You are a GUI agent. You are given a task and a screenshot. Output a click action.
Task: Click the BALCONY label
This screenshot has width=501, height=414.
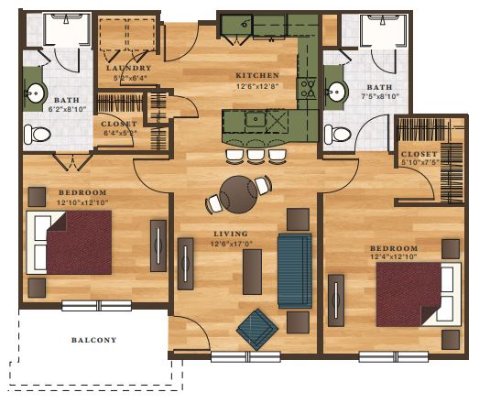[94, 340]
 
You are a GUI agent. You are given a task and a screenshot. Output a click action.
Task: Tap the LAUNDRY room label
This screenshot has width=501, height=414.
[129, 68]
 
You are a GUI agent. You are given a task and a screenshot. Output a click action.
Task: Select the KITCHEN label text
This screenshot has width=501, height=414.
[257, 76]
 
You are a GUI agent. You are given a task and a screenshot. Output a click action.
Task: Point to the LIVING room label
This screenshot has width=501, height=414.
[231, 234]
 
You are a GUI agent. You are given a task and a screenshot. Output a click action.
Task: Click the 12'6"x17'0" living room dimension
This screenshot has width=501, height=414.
[232, 244]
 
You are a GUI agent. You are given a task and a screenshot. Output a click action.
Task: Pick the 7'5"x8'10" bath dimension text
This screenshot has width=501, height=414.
[379, 96]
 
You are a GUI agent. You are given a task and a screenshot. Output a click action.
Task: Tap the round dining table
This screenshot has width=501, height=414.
[238, 194]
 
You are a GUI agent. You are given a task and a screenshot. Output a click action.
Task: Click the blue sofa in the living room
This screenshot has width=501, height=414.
[295, 271]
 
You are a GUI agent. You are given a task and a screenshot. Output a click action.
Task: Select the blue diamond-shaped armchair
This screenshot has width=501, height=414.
[257, 330]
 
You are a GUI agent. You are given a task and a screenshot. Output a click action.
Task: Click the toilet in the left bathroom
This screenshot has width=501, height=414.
[37, 135]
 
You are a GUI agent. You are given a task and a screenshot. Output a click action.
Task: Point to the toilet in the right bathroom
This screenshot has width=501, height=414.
[337, 135]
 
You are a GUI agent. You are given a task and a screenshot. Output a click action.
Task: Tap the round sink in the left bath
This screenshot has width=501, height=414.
[35, 93]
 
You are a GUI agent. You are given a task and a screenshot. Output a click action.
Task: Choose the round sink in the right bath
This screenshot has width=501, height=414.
[336, 92]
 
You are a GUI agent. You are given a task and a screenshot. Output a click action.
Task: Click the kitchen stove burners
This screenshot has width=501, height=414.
[307, 89]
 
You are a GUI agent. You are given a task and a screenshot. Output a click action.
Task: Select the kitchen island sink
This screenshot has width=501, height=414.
[256, 119]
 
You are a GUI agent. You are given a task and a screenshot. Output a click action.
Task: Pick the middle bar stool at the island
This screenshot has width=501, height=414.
[256, 157]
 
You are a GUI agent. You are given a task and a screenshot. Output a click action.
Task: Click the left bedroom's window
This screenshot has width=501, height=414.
[96, 306]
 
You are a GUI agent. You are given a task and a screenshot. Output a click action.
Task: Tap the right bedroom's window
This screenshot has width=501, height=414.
[394, 356]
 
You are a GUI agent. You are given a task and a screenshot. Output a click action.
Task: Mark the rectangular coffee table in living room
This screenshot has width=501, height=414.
[252, 272]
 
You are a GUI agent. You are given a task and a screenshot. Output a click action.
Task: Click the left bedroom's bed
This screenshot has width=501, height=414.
[69, 242]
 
